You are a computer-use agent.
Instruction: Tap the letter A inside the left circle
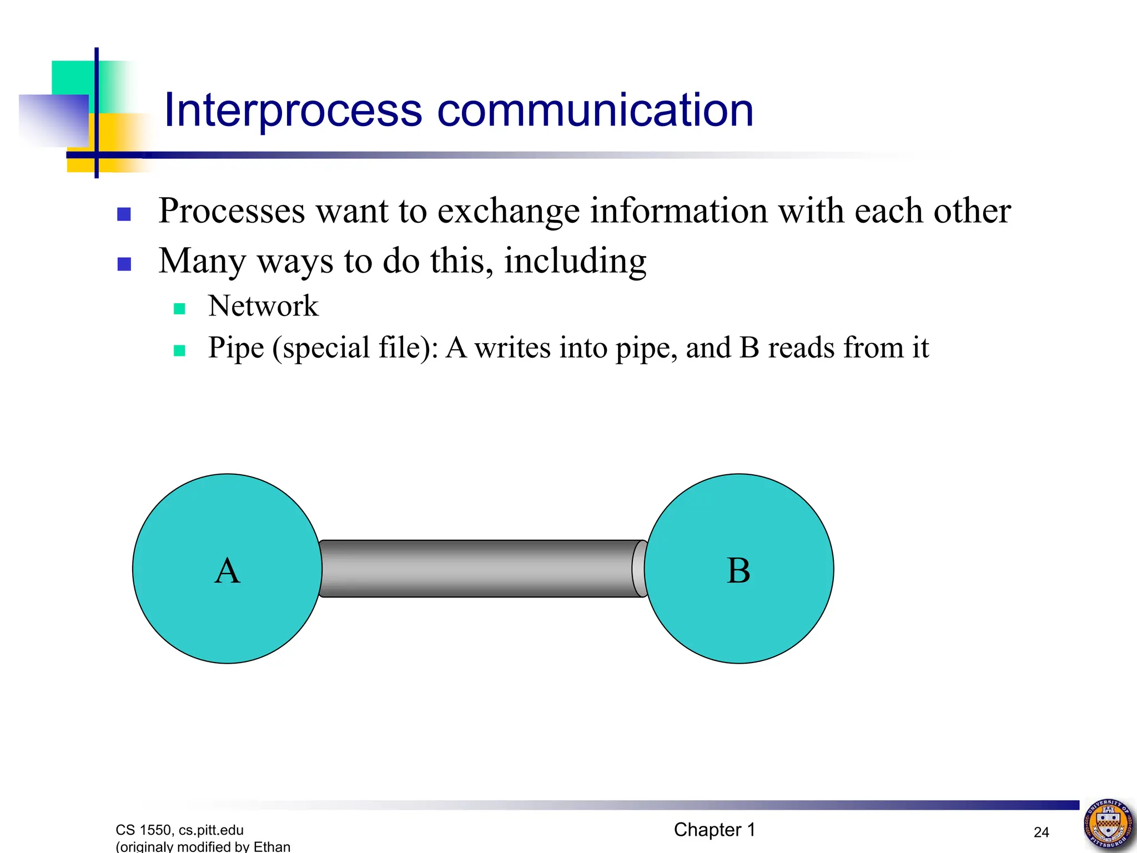tap(227, 571)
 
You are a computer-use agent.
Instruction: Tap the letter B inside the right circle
tap(738, 571)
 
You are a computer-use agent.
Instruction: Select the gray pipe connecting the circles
tap(477, 569)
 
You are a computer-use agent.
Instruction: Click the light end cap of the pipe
tap(638, 569)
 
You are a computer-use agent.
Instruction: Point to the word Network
tap(263, 306)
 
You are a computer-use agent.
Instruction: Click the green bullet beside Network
tap(179, 309)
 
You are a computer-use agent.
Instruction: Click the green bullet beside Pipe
tap(179, 350)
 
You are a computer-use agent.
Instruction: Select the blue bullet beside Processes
tap(124, 214)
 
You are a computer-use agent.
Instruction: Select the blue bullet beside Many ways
tap(124, 264)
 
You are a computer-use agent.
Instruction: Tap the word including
tap(575, 261)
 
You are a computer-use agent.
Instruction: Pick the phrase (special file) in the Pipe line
tap(355, 349)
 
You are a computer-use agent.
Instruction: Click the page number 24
tap(1041, 832)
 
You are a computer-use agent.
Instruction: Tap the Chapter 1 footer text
tap(715, 830)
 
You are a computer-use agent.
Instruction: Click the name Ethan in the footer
tap(272, 846)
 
